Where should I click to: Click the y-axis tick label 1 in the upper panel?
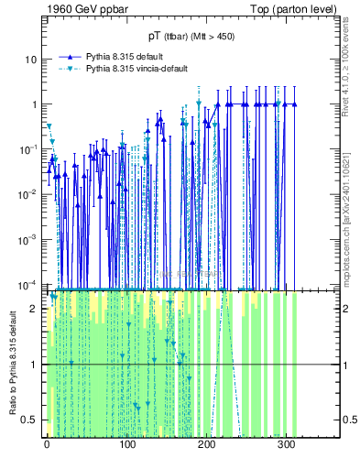point(33,104)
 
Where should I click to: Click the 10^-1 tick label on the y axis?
point(28,148)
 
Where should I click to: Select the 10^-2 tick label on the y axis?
point(28,193)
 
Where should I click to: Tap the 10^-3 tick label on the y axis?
point(28,238)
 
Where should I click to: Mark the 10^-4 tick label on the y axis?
point(28,283)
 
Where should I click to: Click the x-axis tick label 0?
point(47,446)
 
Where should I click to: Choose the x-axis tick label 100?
point(126,446)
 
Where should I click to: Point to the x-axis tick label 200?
point(206,446)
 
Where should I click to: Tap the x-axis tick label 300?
point(286,446)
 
